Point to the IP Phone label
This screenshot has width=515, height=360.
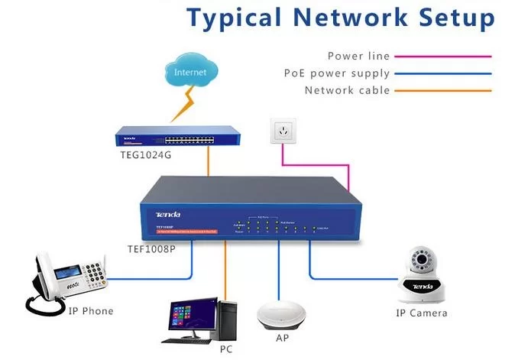pyautogui.click(x=91, y=311)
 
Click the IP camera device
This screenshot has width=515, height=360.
pyautogui.click(x=420, y=276)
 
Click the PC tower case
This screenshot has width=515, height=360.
pyautogui.click(x=228, y=320)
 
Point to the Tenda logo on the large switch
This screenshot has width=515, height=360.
pyautogui.click(x=166, y=215)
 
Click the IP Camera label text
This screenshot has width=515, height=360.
pyautogui.click(x=421, y=313)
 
